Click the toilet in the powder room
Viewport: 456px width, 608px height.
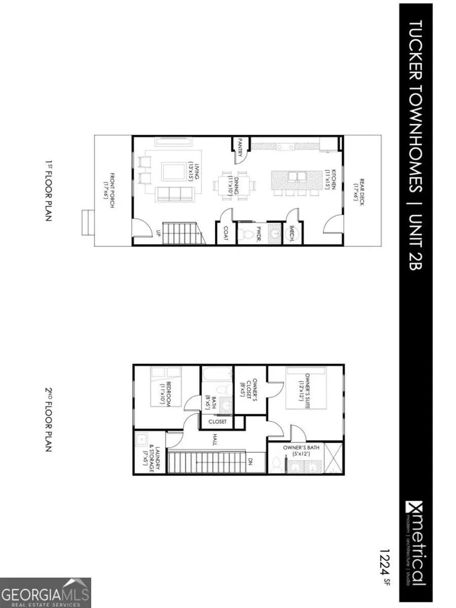(x=246, y=234)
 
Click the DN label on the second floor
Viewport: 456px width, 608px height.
(x=250, y=462)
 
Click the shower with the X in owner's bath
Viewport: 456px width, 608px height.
(x=332, y=458)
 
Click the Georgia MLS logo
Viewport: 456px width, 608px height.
(x=46, y=592)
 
